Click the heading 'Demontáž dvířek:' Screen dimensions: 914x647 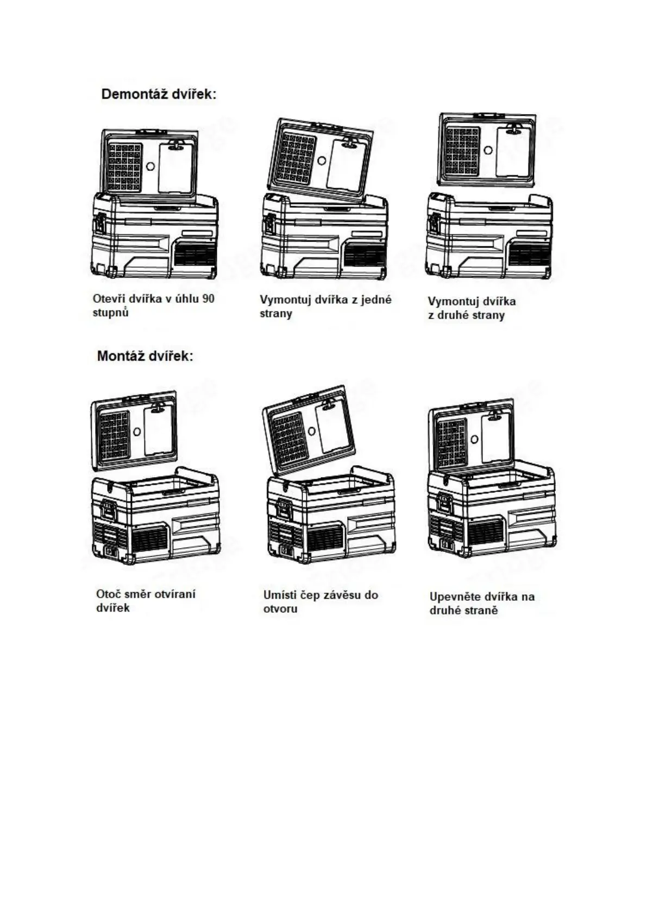coord(159,94)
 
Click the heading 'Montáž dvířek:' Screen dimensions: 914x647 coord(145,357)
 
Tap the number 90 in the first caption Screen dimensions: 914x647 coord(208,299)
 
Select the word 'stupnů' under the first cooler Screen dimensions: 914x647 coord(110,313)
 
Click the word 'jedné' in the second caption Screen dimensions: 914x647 coord(376,300)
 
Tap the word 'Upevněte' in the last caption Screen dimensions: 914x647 coord(456,596)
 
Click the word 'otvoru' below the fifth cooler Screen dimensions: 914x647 coord(280,609)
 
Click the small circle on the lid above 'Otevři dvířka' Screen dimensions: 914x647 coord(150,167)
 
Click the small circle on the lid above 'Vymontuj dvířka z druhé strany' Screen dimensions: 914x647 coord(488,150)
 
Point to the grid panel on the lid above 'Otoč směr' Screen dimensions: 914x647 coord(114,434)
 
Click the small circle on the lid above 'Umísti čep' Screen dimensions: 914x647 coord(311,431)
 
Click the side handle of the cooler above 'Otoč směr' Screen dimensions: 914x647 coord(109,511)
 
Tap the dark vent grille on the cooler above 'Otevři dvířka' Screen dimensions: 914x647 coord(194,255)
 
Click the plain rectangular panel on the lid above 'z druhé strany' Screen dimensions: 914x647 coord(512,152)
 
